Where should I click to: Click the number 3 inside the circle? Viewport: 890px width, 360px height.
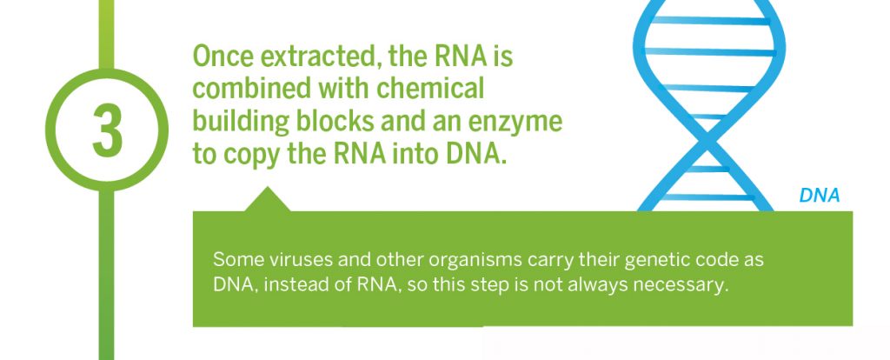107,130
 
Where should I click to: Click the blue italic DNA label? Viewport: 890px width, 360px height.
819,196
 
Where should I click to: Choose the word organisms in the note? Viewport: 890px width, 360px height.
475,262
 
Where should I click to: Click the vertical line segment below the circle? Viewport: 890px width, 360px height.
107,275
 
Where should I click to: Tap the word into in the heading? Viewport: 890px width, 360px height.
410,154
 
